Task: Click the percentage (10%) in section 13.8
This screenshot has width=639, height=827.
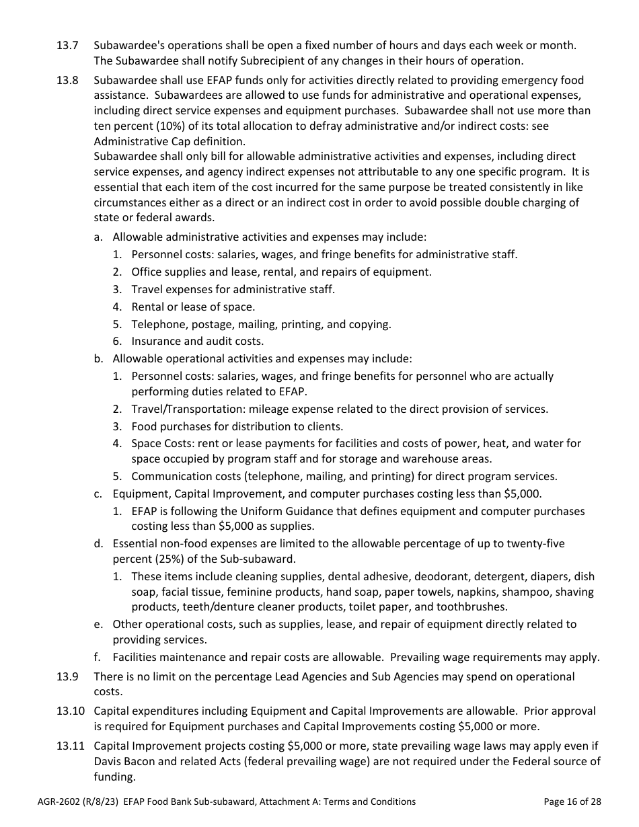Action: coord(161,126)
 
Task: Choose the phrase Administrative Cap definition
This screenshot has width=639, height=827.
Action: coord(169,141)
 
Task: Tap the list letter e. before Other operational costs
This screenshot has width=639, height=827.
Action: coord(98,624)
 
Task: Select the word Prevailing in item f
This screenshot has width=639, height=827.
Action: coord(420,657)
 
